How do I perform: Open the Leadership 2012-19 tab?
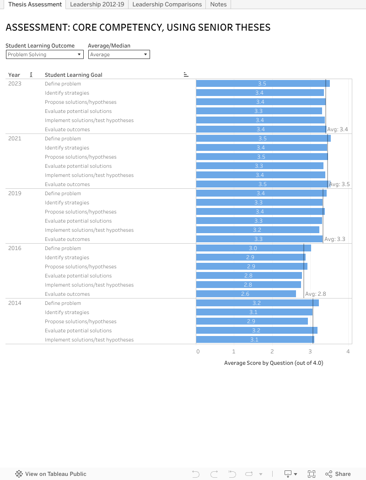coord(97,5)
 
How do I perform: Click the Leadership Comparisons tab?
coord(167,5)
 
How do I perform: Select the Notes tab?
coord(218,5)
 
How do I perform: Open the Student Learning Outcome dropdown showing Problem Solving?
coord(44,54)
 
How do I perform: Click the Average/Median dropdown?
coord(119,54)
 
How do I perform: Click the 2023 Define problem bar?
coord(263,84)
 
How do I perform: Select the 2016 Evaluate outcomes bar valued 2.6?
coord(246,294)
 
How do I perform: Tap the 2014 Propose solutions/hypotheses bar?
coord(252,321)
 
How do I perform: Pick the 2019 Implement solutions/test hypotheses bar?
coord(258,230)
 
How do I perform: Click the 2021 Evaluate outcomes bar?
coord(263,184)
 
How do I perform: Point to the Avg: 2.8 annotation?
coord(315,294)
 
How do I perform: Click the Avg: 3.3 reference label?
coord(334,239)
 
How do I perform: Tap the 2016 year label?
coord(15,248)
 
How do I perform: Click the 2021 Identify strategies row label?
coord(67,148)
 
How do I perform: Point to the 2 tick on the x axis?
coord(272,352)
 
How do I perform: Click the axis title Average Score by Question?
coord(274,363)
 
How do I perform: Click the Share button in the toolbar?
coord(338,474)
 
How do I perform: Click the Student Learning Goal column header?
coord(73,75)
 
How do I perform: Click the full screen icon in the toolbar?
coord(312,474)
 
